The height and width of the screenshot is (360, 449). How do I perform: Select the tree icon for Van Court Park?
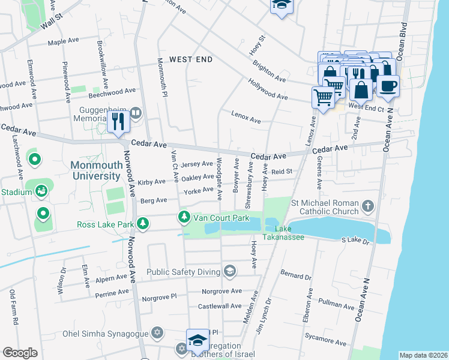coord(185,217)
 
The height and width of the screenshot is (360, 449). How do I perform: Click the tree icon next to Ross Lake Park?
coord(143,224)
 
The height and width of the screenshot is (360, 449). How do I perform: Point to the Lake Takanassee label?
coord(289,233)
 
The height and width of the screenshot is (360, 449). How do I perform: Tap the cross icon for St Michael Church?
coord(367,206)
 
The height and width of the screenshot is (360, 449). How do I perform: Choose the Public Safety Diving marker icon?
coord(229,272)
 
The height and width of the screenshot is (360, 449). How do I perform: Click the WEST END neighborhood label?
coord(191,59)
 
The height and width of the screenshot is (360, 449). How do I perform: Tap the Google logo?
coord(20,352)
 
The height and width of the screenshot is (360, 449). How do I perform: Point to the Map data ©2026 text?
coord(423,355)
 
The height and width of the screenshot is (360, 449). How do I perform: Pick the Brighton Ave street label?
coord(269,70)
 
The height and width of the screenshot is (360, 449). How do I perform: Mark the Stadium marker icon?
coord(41,191)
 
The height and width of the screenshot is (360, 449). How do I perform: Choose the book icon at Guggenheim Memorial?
coord(136,112)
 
